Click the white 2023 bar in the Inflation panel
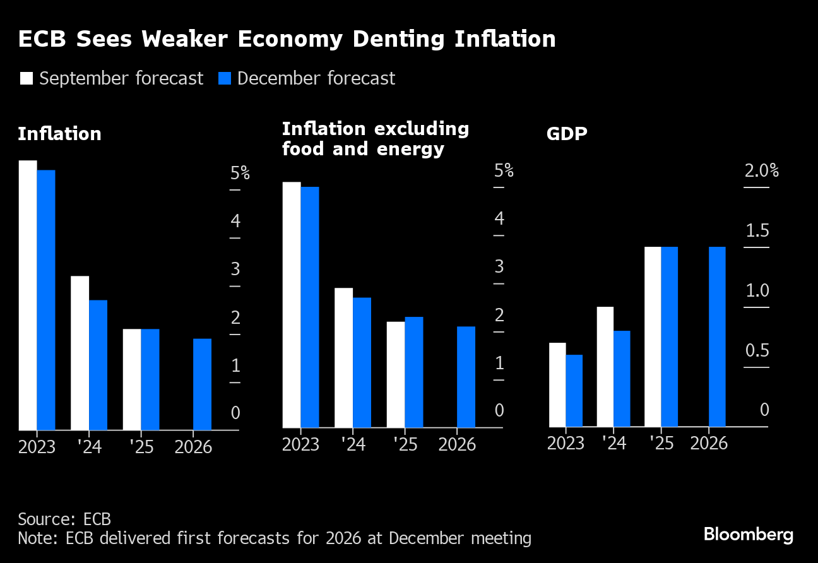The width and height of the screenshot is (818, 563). tap(28, 295)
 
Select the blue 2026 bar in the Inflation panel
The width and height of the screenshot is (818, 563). tap(202, 384)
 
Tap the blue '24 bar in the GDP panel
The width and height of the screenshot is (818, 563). tap(622, 379)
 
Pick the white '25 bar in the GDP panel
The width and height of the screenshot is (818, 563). tap(653, 336)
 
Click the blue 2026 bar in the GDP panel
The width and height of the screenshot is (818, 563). tap(717, 336)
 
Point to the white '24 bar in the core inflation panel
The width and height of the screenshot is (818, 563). tap(343, 357)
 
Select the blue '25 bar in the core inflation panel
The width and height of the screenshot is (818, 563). tap(413, 372)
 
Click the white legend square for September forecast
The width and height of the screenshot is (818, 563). tap(27, 78)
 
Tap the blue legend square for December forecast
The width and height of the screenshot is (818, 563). tap(225, 78)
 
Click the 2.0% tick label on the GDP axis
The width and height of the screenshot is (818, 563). tap(761, 171)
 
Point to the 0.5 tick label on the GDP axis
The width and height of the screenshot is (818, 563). tap(757, 351)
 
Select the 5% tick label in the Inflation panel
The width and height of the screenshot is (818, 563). tap(240, 173)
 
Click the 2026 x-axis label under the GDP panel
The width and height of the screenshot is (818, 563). tap(709, 443)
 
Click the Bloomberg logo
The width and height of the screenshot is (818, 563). tap(748, 535)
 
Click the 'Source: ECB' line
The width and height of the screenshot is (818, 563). tap(64, 519)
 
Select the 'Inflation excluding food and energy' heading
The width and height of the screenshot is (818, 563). tap(375, 139)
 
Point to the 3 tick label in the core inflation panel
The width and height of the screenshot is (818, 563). tap(499, 266)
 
